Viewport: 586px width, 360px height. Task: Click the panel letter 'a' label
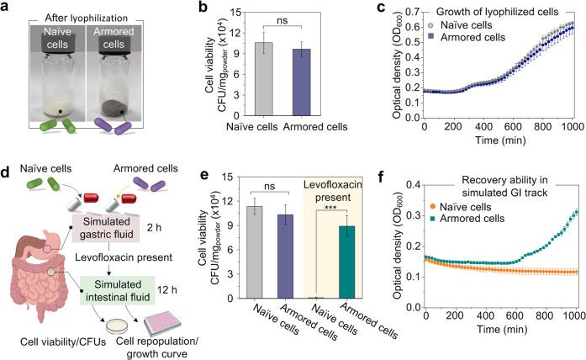point(7,8)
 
